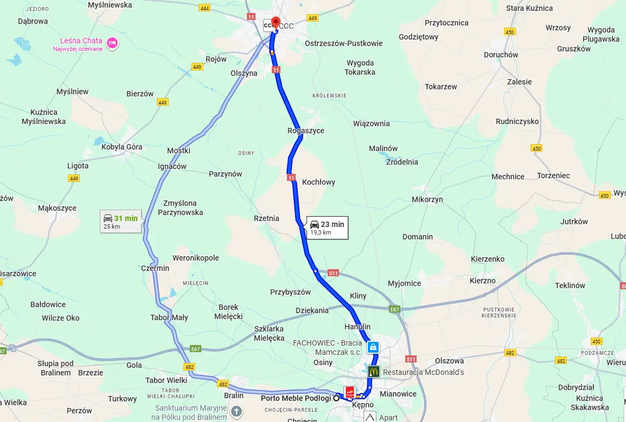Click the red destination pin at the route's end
click(x=275, y=22)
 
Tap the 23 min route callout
click(x=327, y=228)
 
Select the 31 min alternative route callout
click(x=120, y=222)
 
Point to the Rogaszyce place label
click(x=305, y=131)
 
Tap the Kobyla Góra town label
click(x=122, y=147)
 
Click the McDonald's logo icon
click(x=373, y=372)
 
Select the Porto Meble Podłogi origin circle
click(x=337, y=398)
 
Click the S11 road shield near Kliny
click(x=333, y=273)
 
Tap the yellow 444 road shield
click(x=205, y=8)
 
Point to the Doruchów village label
click(x=500, y=55)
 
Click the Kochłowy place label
click(x=318, y=182)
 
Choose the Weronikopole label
click(x=195, y=258)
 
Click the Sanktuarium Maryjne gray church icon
click(x=236, y=412)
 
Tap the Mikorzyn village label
click(x=427, y=199)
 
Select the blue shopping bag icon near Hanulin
click(x=373, y=347)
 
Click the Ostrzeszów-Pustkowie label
click(x=343, y=43)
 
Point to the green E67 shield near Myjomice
click(x=394, y=309)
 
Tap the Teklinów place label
click(x=570, y=285)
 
